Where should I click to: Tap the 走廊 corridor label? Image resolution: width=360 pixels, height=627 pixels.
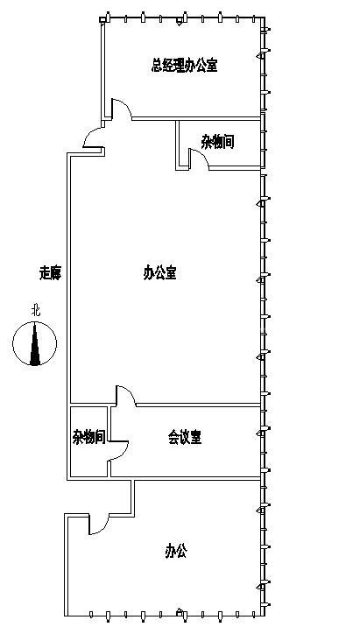(50, 272)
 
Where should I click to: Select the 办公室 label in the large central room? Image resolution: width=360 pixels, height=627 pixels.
(160, 272)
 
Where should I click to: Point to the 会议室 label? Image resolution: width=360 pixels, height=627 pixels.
(185, 436)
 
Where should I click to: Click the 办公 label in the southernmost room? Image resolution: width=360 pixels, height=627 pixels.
(176, 551)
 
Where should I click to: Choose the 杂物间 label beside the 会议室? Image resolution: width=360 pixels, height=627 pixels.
(88, 436)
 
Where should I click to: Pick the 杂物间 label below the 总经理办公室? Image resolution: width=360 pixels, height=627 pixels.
(217, 141)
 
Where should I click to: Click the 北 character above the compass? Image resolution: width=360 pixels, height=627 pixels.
(35, 309)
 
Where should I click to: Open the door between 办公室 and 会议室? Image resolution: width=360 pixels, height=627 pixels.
(124, 396)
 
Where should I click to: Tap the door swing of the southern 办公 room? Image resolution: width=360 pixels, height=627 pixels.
(97, 523)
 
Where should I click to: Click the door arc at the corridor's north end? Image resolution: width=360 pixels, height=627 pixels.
(90, 137)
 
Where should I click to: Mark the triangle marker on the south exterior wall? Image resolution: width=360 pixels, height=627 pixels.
(180, 612)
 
